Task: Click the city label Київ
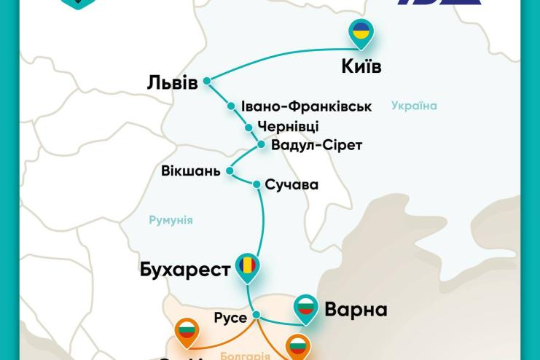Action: coord(361,66)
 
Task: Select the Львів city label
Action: coord(172,82)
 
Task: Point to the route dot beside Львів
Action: coord(207,81)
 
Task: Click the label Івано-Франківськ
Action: coord(306,106)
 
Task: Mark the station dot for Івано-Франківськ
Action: coord(232,106)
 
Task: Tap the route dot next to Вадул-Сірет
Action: coord(262,144)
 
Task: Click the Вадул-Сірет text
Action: coord(316,145)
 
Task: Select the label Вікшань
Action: coord(191,171)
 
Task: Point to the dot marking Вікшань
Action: coord(229,171)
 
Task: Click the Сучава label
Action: coord(291,184)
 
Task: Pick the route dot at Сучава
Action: coord(256,184)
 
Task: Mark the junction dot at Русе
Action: coord(256,316)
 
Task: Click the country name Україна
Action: coord(414,106)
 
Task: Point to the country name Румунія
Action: coord(171,219)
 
